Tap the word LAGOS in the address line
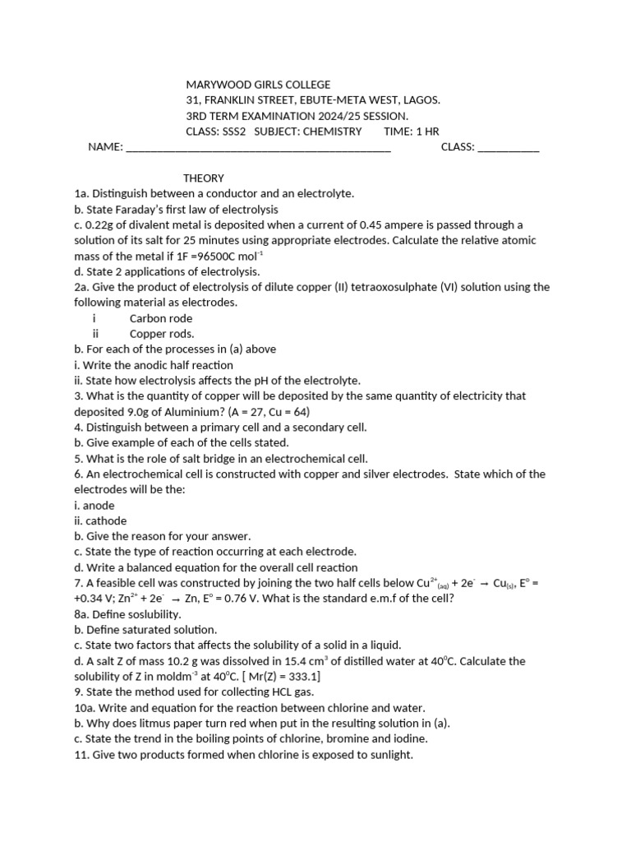click(420, 100)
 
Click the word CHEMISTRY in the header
click(332, 132)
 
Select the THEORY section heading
click(203, 178)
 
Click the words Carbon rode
click(161, 318)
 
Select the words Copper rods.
click(162, 334)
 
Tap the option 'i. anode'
click(94, 506)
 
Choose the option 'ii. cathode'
click(100, 521)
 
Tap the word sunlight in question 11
click(387, 754)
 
